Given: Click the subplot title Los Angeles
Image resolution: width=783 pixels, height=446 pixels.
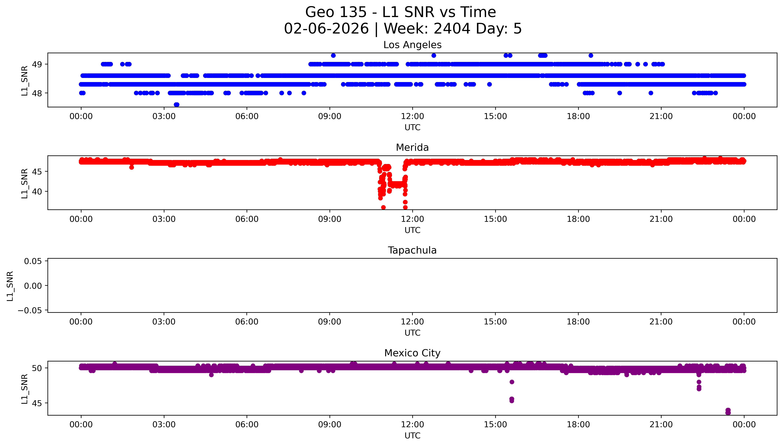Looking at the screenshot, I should point(412,45).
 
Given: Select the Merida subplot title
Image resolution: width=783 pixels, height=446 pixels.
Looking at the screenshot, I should point(412,148).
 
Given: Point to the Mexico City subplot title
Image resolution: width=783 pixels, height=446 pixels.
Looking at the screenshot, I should point(412,353).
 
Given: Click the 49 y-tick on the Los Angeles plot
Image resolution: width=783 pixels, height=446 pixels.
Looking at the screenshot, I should point(37,64).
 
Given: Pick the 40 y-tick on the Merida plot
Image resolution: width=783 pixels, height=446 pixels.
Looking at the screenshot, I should point(37,191).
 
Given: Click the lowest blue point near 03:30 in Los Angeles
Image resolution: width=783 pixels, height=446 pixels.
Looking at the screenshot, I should point(176,105).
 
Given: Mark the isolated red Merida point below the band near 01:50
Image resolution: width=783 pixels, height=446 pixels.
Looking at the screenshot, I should point(131,167).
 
